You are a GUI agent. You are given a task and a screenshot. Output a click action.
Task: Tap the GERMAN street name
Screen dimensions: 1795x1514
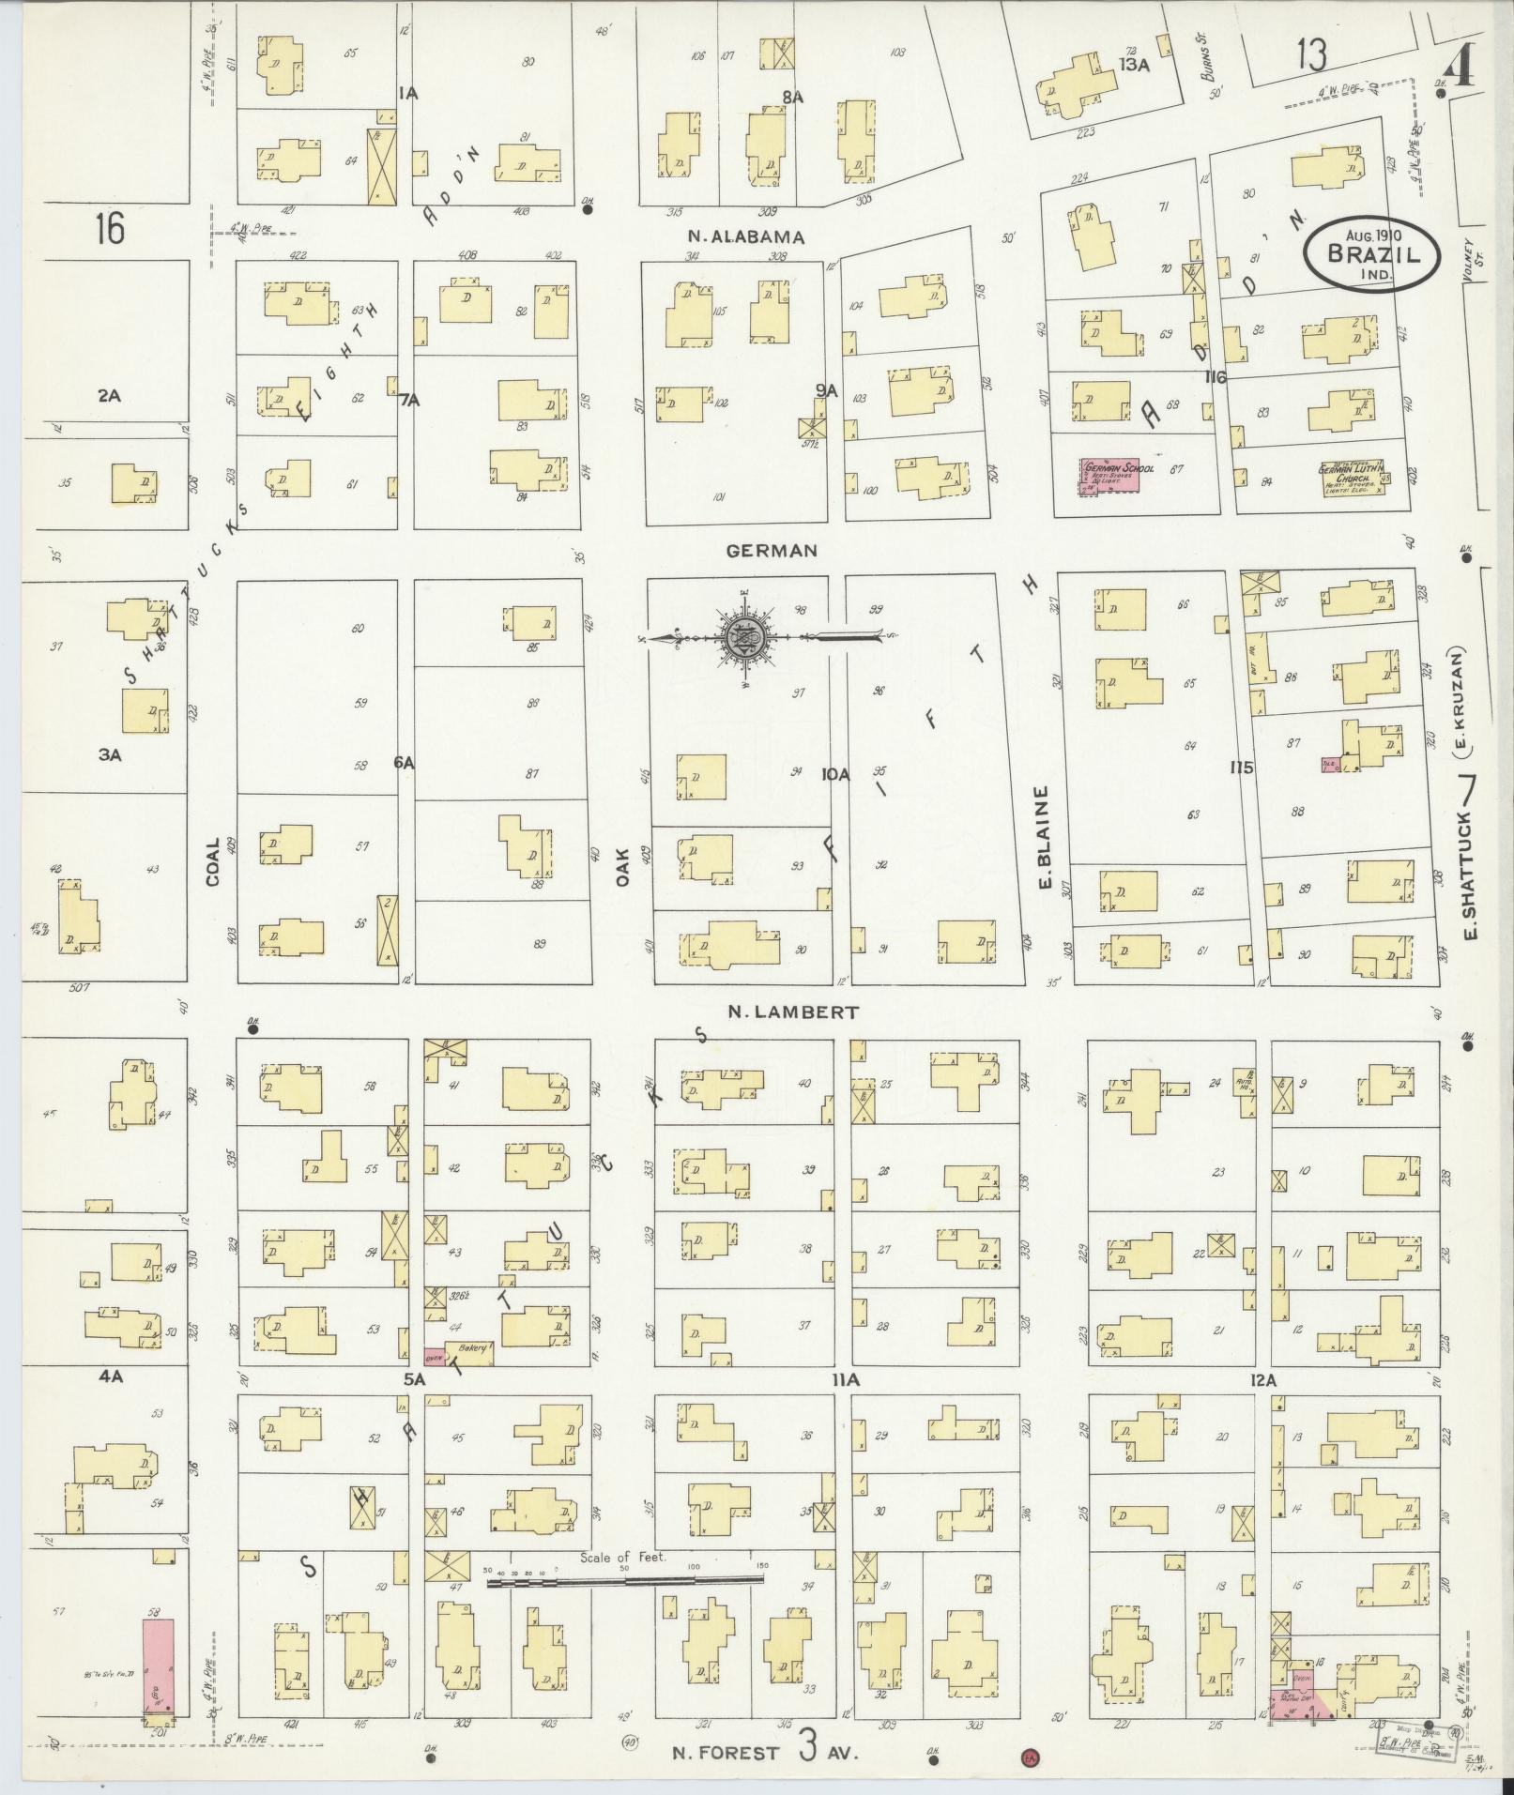tap(772, 551)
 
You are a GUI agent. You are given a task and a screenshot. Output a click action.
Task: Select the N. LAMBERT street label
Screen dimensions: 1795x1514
tap(794, 1012)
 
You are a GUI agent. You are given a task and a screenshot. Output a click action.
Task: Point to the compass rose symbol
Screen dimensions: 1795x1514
tap(742, 638)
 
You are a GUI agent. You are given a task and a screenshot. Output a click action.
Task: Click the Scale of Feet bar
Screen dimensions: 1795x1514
tap(625, 1581)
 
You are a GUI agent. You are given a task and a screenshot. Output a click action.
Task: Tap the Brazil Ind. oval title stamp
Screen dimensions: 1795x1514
tap(1371, 252)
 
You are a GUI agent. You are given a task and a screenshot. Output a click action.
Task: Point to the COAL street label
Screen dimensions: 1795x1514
tap(213, 861)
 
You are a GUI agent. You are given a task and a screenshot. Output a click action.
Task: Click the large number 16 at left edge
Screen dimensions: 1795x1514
tap(110, 228)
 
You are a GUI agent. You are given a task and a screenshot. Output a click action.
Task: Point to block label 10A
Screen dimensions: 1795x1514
tap(834, 774)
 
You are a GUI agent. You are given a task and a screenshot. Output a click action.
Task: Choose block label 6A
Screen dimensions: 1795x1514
tap(404, 764)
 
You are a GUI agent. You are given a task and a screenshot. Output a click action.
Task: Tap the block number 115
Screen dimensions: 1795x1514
tap(1242, 768)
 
